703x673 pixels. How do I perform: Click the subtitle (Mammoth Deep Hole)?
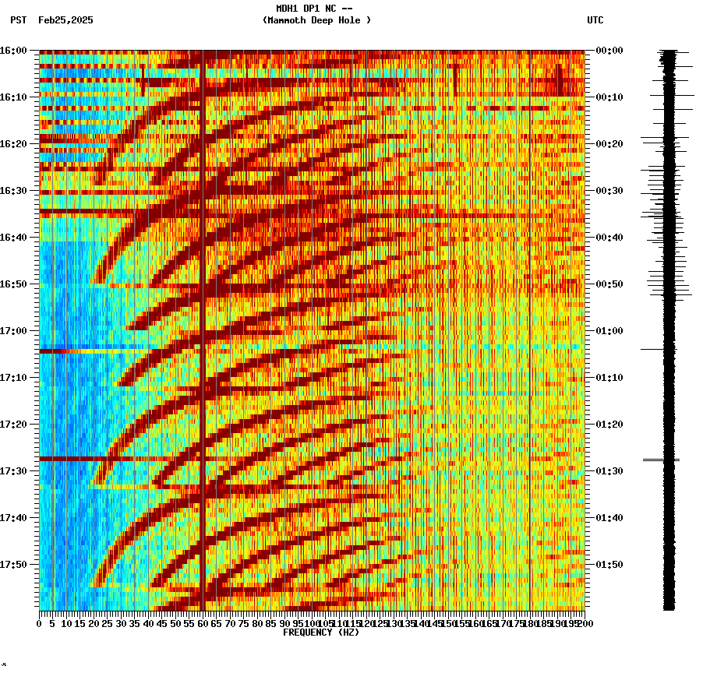click(x=316, y=20)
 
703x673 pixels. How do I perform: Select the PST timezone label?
click(x=18, y=20)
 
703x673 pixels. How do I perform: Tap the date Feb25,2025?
click(x=65, y=20)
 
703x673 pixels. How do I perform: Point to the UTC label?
click(x=595, y=20)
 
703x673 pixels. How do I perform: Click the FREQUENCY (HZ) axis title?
click(x=320, y=632)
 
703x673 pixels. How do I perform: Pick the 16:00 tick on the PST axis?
click(x=13, y=51)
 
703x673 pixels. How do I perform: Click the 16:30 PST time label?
click(x=13, y=191)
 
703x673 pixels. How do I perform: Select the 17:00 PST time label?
click(x=13, y=331)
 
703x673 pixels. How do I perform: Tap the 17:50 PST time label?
click(x=13, y=565)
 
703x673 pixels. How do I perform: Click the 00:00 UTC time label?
click(x=609, y=51)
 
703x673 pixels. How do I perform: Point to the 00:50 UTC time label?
click(x=609, y=284)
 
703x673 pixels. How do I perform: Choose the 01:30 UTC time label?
click(x=609, y=471)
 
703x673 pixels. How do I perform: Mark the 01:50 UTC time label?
click(x=609, y=565)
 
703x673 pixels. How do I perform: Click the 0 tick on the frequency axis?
click(x=40, y=624)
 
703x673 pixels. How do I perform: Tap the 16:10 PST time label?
click(x=13, y=97)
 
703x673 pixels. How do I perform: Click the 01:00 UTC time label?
click(x=609, y=331)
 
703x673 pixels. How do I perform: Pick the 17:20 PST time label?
click(x=13, y=425)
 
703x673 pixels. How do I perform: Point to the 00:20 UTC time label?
click(x=609, y=144)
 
